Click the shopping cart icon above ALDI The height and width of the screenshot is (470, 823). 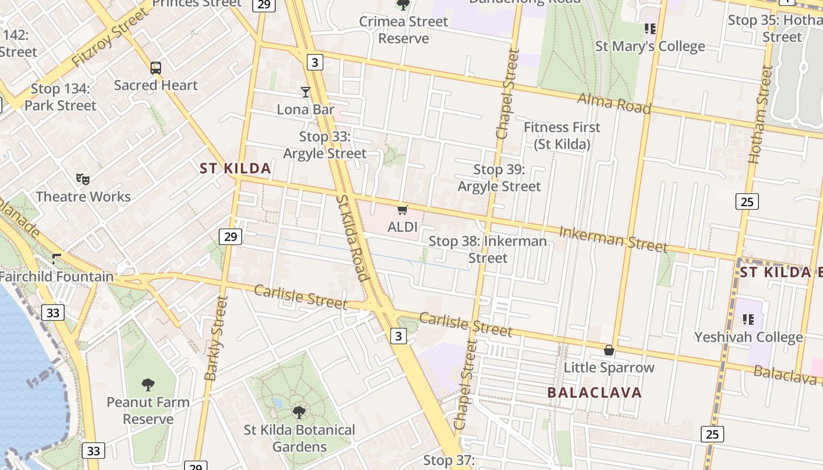pos(403,210)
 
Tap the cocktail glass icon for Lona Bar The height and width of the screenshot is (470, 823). pos(306,92)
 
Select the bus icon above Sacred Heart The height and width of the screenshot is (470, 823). pos(156,68)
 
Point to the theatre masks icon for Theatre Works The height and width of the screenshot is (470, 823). pos(83,179)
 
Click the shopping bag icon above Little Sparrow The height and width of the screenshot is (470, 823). pos(609,350)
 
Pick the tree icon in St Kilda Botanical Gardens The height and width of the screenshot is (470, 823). pos(299,412)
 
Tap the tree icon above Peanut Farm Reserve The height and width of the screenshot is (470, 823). pos(148,385)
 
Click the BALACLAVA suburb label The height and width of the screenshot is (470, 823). pos(594,392)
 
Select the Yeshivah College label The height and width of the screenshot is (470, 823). pos(748,337)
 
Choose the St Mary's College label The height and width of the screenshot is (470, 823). pos(650,46)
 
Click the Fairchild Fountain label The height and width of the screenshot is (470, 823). pos(56,276)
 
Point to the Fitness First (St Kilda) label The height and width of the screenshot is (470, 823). pos(562,135)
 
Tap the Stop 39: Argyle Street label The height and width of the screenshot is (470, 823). pos(499,178)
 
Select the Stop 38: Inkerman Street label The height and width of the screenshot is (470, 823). pos(488,249)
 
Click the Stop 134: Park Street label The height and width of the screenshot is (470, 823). pos(61,97)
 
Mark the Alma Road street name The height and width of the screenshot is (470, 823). pos(614,103)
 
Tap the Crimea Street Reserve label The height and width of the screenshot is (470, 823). pos(403,30)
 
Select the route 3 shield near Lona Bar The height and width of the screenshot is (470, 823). pos(316,62)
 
